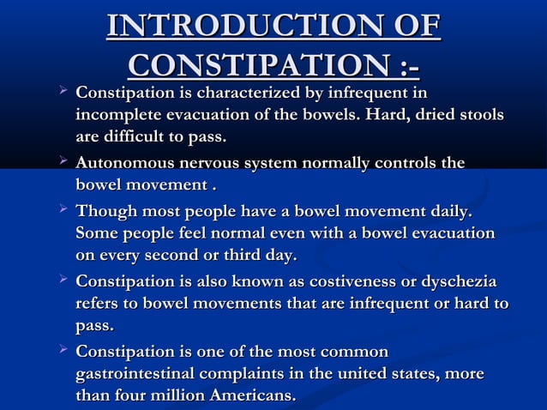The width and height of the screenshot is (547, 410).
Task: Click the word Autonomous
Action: pos(129,163)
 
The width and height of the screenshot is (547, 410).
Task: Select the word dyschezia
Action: pos(458,281)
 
